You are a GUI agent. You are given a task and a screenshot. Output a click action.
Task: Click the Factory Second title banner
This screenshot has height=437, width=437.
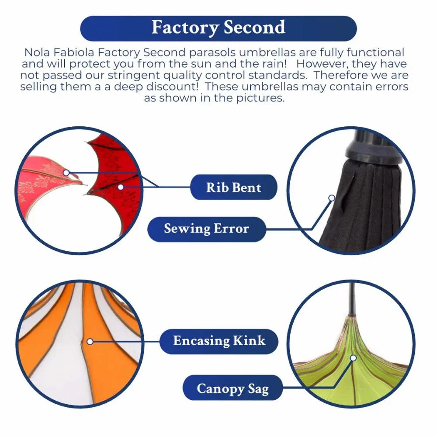pos(218,28)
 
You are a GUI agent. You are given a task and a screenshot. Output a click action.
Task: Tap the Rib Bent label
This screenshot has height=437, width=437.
pos(233,187)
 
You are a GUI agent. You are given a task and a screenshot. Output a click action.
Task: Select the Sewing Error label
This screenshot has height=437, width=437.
pos(207,229)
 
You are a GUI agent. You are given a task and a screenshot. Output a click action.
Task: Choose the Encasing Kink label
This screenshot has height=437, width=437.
pos(219,341)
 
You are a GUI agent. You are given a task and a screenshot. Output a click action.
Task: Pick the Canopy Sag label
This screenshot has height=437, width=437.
pos(233,388)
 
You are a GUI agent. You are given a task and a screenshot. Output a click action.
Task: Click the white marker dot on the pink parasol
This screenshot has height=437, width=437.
pos(66,173)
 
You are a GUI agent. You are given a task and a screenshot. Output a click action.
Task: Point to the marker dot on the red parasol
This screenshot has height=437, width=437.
pos(121,187)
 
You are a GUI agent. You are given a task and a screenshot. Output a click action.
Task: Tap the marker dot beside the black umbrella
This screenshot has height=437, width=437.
pos(332,198)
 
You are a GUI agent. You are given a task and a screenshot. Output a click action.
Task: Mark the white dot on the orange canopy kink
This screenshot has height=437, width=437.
pos(90,341)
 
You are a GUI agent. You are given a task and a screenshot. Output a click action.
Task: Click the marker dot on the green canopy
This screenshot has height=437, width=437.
pos(354,358)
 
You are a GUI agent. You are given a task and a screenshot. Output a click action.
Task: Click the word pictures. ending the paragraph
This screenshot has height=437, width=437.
pos(260,98)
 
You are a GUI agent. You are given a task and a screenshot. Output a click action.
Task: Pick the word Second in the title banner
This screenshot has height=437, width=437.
pos(254,27)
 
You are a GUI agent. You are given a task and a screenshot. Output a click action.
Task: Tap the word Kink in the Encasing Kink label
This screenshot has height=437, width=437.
pos(249,340)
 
